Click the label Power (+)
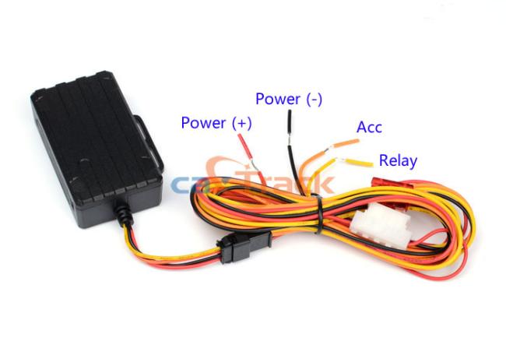(x=216, y=122)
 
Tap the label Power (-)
(x=289, y=99)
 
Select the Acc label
(x=369, y=128)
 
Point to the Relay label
(x=398, y=160)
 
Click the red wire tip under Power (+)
(x=244, y=146)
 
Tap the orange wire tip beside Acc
(x=346, y=143)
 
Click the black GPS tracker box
(x=97, y=147)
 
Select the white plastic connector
(x=381, y=226)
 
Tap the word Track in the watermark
(x=287, y=182)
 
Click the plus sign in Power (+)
(x=241, y=123)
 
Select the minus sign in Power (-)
(x=313, y=100)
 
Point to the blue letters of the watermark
(x=187, y=185)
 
